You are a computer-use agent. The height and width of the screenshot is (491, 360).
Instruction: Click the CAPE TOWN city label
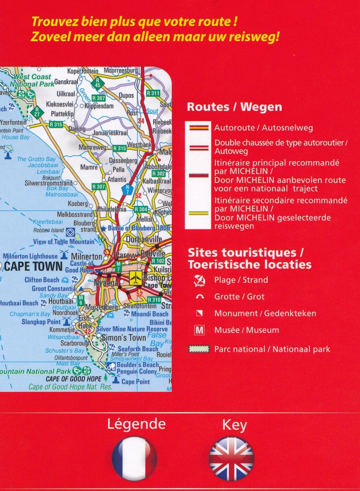pos(33,266)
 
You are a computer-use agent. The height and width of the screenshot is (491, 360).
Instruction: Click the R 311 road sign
pos(153,93)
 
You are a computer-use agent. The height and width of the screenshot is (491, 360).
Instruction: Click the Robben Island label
pos(49,230)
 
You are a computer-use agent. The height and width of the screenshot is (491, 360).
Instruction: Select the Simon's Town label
pos(124,338)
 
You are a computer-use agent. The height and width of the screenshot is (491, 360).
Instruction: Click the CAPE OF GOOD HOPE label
pos(73,379)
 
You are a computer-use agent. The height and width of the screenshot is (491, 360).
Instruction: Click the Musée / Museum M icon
pos(199,330)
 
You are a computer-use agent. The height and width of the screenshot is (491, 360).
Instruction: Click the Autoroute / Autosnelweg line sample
pos(199,128)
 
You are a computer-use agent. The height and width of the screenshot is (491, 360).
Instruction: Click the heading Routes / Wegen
pos(234,107)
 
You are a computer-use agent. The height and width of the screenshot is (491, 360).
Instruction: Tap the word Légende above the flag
pos(136,424)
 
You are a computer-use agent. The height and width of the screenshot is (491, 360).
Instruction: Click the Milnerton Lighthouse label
pos(30,256)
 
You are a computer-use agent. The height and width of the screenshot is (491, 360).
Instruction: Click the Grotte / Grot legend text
pos(239,297)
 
